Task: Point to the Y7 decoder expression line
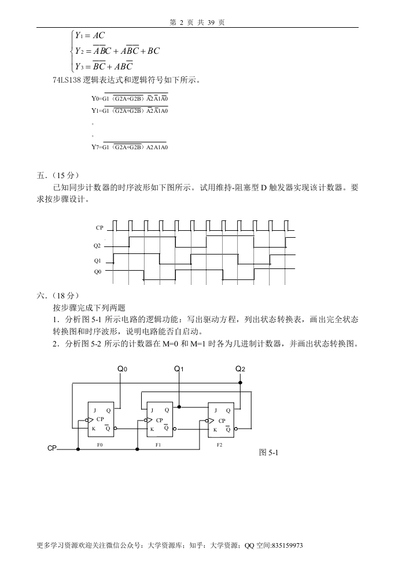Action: [x=130, y=147]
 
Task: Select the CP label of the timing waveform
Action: [x=99, y=228]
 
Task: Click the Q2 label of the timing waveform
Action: [x=97, y=246]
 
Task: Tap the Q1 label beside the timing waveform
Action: [x=97, y=261]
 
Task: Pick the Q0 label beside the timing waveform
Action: [x=97, y=271]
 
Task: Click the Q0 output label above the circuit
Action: [x=122, y=368]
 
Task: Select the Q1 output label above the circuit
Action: [x=179, y=368]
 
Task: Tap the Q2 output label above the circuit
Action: [x=240, y=368]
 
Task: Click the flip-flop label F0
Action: [x=100, y=445]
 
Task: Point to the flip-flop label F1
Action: [x=158, y=445]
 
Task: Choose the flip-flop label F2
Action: [x=219, y=445]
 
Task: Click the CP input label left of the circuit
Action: [x=53, y=448]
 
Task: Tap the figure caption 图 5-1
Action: [x=270, y=452]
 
